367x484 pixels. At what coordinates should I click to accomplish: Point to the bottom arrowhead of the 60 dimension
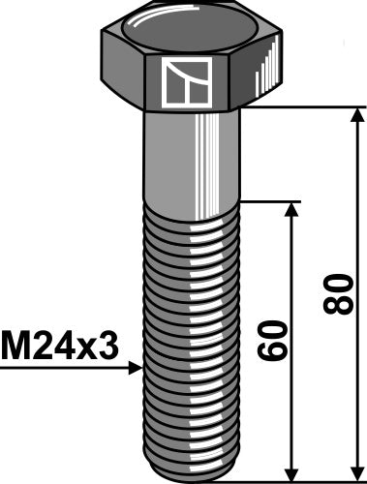point(290,469)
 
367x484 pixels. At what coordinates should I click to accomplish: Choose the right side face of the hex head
point(261,77)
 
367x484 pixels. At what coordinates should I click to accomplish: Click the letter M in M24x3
point(14,343)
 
